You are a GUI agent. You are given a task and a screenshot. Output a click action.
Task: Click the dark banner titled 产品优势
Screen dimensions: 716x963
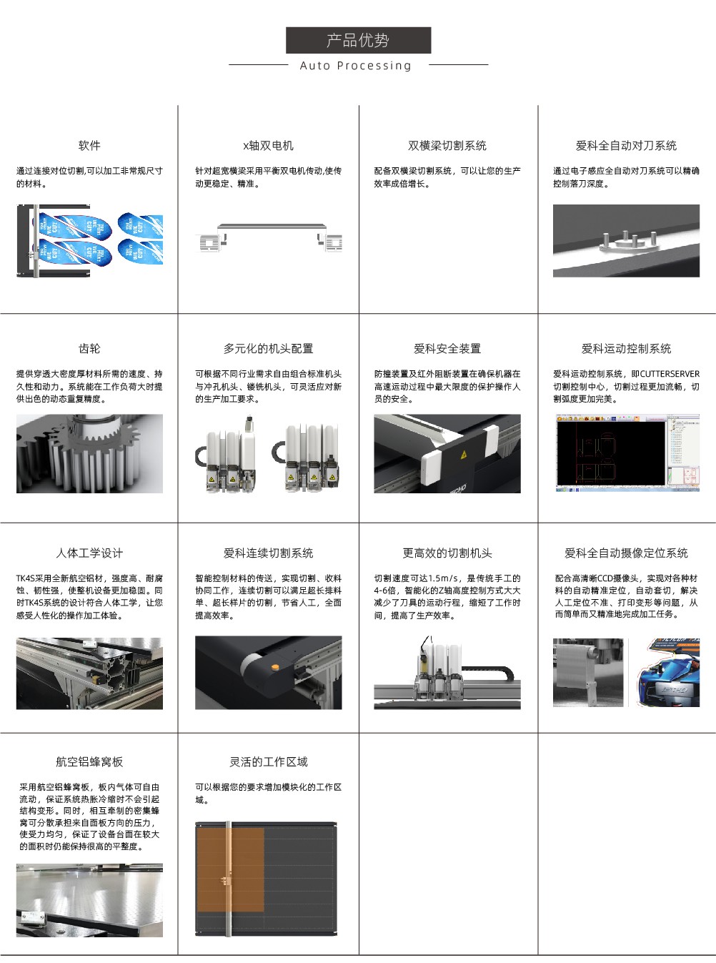pos(358,40)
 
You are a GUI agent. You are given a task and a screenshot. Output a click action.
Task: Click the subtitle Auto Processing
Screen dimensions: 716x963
pos(355,66)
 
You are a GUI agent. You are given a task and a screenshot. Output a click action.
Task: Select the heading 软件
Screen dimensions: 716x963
pos(89,145)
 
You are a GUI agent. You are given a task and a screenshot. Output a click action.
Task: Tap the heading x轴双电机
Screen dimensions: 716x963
pos(268,145)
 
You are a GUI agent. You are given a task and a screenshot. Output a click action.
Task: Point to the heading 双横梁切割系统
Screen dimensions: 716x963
pos(447,145)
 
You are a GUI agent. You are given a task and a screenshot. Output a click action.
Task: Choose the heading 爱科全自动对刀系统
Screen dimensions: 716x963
pos(626,145)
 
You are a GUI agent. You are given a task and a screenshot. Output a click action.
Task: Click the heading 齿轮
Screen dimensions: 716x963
pos(89,348)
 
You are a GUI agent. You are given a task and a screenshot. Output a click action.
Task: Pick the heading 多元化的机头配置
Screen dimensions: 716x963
pos(268,348)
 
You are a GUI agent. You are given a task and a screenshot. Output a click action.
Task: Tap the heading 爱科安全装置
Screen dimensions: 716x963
pos(447,348)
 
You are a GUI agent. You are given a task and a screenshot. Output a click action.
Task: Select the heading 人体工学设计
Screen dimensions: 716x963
pos(89,553)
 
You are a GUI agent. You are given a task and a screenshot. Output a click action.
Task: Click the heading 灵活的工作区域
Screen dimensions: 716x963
pos(268,761)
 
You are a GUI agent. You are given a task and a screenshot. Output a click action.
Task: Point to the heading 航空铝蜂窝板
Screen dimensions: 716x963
pos(89,761)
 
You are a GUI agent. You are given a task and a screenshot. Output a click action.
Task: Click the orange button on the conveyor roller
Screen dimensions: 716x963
pos(274,666)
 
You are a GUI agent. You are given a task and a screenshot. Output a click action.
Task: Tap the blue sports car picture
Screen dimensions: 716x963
pos(667,672)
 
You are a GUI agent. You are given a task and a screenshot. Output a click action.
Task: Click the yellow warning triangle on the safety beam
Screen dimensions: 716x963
pos(464,455)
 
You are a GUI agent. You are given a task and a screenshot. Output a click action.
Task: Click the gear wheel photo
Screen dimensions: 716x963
pos(89,453)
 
